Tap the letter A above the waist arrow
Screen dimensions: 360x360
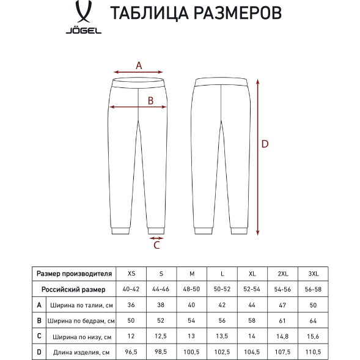click(x=139, y=65)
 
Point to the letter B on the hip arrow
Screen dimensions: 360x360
click(x=150, y=101)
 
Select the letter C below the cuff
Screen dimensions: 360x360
click(x=156, y=246)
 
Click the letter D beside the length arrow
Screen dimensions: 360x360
click(x=265, y=144)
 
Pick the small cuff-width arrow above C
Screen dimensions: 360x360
click(x=156, y=238)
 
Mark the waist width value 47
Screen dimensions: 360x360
click(x=283, y=305)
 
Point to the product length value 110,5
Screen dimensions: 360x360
click(x=314, y=352)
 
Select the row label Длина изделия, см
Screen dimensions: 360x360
click(x=81, y=352)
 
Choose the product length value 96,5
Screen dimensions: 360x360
click(x=131, y=352)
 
